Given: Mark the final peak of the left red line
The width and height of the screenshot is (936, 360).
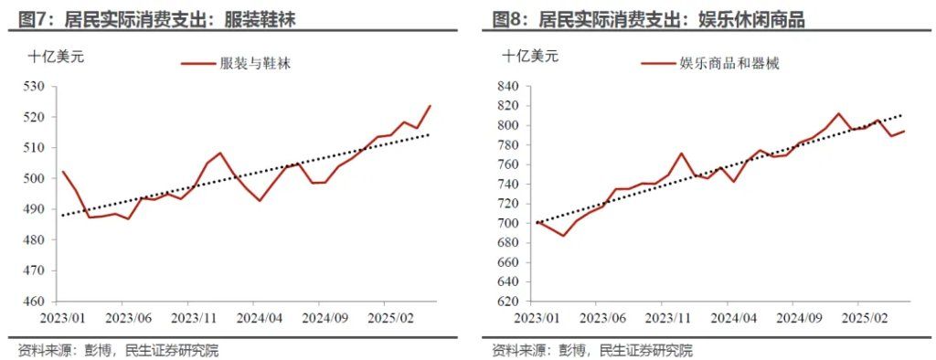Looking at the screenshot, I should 431,105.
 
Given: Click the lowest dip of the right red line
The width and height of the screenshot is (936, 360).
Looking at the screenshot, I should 564,236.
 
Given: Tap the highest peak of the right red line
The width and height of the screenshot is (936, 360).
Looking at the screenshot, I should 838,113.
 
